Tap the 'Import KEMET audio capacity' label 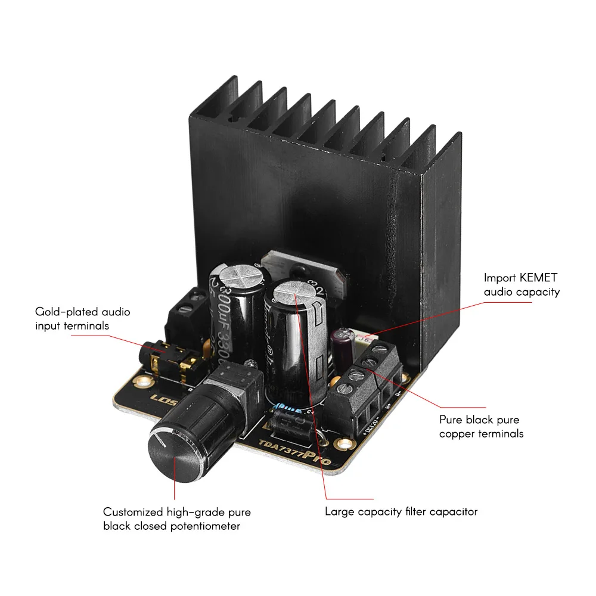point(521,284)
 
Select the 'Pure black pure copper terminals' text point(481,426)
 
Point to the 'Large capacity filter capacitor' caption point(401,511)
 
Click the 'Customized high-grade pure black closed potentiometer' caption point(176,519)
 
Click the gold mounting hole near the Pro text point(343,444)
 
